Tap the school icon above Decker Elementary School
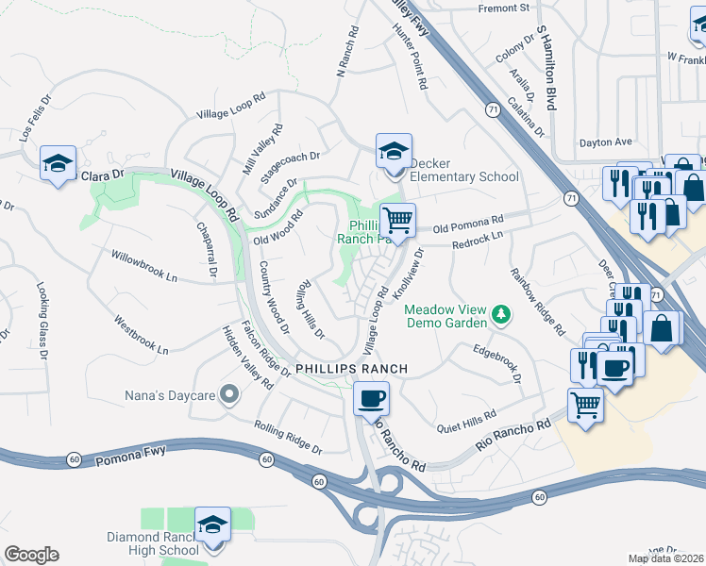click(394, 150)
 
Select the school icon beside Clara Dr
click(58, 164)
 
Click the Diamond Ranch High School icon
click(212, 523)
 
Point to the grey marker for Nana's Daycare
click(227, 395)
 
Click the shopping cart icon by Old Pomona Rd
click(398, 220)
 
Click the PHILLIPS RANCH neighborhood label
click(351, 368)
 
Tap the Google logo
click(31, 555)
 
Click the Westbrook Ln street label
click(142, 335)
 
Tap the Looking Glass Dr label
click(42, 321)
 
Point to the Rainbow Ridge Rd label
click(537, 303)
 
